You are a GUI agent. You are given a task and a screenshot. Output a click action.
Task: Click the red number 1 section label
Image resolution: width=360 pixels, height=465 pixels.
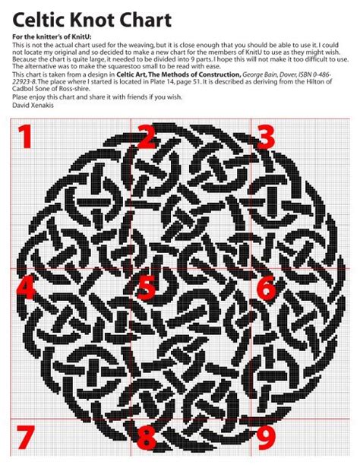24,138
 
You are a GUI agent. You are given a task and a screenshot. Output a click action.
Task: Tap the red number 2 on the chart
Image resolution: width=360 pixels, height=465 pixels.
146,137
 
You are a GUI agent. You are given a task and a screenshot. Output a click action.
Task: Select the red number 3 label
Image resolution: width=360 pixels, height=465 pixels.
264,137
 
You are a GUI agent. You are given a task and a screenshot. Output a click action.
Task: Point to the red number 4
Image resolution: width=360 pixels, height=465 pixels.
24,286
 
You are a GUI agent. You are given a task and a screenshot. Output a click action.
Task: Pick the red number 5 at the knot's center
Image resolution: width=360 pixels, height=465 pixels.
146,287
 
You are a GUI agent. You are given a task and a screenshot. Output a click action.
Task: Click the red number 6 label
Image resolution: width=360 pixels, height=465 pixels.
266,287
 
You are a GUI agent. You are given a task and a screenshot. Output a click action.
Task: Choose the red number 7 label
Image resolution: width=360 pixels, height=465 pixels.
24,438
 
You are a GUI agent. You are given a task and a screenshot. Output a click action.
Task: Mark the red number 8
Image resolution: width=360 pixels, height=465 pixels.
146,438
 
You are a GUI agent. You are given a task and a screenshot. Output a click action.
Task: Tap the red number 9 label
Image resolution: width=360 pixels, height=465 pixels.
265,438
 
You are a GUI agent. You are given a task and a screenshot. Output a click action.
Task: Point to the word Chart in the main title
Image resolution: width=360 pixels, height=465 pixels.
163,18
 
